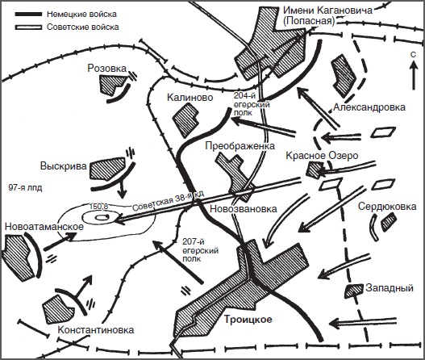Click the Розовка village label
(x=107, y=68)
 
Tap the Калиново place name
(x=190, y=97)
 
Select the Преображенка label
(x=240, y=145)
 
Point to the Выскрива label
(x=64, y=166)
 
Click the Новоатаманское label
(x=44, y=227)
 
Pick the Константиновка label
(x=96, y=330)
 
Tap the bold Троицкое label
(x=248, y=320)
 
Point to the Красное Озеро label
(x=322, y=156)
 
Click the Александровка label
(x=369, y=107)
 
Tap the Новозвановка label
(x=244, y=208)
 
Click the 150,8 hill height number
(x=98, y=207)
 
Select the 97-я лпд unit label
(x=25, y=188)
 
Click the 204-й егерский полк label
(x=252, y=104)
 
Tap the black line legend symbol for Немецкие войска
(x=28, y=14)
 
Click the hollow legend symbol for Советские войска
(x=28, y=27)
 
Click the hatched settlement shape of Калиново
(x=186, y=120)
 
